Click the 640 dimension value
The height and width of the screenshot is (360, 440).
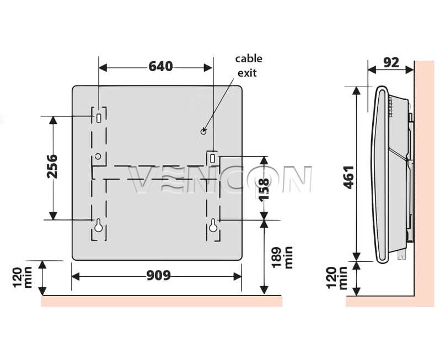pyautogui.click(x=160, y=67)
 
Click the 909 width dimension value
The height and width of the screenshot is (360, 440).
pyautogui.click(x=159, y=276)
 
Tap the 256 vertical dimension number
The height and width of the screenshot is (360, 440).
pyautogui.click(x=52, y=166)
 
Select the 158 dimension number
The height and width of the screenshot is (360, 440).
pyautogui.click(x=264, y=189)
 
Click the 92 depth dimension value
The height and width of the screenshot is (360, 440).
pyautogui.click(x=391, y=62)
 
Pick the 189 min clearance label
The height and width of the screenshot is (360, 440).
pyautogui.click(x=282, y=257)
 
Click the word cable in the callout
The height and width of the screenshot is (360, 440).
pyautogui.click(x=249, y=58)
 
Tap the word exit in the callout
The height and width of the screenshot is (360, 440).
pyautogui.click(x=247, y=73)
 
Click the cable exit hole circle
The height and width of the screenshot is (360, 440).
pyautogui.click(x=203, y=131)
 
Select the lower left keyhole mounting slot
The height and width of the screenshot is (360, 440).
pyautogui.click(x=98, y=225)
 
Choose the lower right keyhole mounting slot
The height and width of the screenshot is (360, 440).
pyautogui.click(x=213, y=225)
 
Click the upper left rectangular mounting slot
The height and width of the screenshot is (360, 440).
pyautogui.click(x=99, y=118)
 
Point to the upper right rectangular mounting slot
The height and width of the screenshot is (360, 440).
pyautogui.click(x=213, y=158)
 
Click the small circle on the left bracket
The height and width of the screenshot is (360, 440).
pyautogui.click(x=98, y=156)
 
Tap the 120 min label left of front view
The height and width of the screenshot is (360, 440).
pyautogui.click(x=23, y=278)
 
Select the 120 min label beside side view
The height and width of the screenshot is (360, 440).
pyautogui.click(x=337, y=278)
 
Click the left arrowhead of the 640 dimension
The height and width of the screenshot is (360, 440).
pyautogui.click(x=103, y=68)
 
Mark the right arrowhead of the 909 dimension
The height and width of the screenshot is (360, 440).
pyautogui.click(x=238, y=277)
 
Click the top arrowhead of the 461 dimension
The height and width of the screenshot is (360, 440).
pyautogui.click(x=356, y=90)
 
